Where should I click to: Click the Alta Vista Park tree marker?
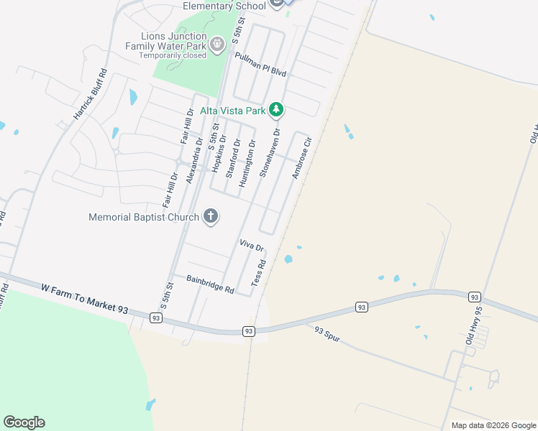[x=276, y=110]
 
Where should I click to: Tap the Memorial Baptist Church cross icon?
[x=211, y=216]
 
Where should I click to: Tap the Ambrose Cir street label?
[x=301, y=159]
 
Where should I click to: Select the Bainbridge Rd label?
[x=210, y=286]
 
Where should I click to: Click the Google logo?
[x=24, y=422]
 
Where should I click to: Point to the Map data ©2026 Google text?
[x=493, y=425]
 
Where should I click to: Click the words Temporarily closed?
[x=173, y=55]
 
